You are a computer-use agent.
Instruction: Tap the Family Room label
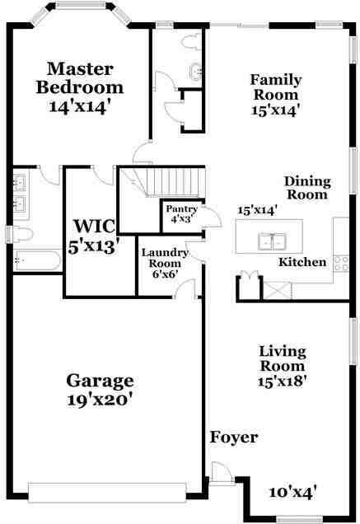pyautogui.click(x=275, y=93)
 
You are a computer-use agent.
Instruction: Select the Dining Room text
pyautogui.click(x=306, y=188)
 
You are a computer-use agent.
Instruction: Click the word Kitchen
pyautogui.click(x=302, y=262)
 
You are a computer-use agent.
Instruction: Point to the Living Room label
pyautogui.click(x=283, y=365)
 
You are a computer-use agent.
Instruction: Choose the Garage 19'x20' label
pyautogui.click(x=100, y=391)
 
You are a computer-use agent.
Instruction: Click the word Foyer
pyautogui.click(x=234, y=437)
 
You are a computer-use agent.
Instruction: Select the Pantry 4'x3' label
pyautogui.click(x=181, y=213)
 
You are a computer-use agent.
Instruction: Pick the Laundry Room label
pyautogui.click(x=165, y=262)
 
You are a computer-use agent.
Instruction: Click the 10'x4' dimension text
pyautogui.click(x=293, y=492)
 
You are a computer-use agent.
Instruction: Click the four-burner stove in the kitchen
pyautogui.click(x=341, y=264)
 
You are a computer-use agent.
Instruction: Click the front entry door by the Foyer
pyautogui.click(x=221, y=473)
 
